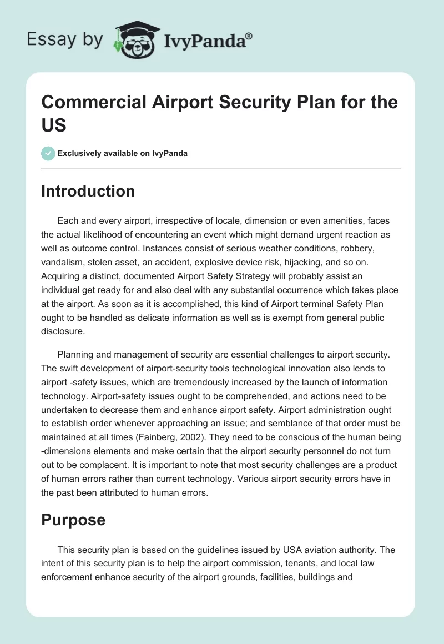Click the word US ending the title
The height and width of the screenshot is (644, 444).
click(54, 125)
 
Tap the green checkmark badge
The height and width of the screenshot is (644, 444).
click(48, 153)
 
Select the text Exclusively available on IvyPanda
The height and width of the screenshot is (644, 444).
click(123, 153)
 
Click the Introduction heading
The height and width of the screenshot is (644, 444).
click(88, 191)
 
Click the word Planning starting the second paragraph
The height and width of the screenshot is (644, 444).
click(77, 355)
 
